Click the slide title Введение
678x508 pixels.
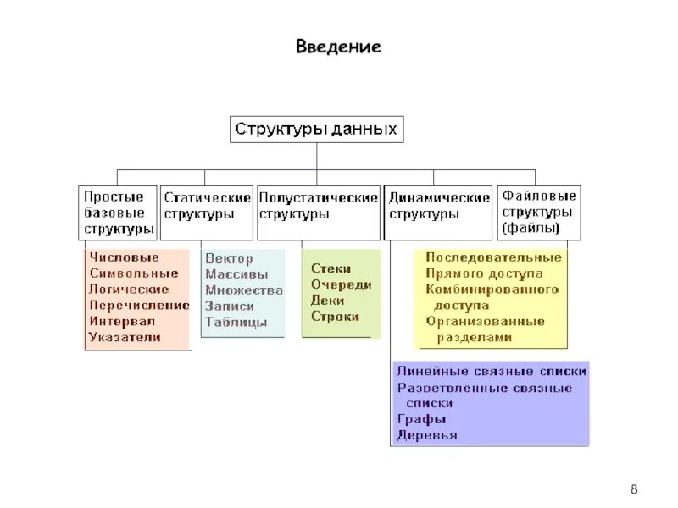[338, 47]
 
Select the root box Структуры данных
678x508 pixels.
[316, 130]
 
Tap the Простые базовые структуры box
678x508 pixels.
[119, 213]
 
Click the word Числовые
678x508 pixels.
[124, 257]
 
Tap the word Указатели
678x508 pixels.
[125, 337]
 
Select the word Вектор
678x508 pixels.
[229, 258]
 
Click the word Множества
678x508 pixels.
[244, 290]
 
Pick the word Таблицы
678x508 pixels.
[236, 322]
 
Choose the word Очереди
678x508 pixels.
[341, 284]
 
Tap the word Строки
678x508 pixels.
[335, 317]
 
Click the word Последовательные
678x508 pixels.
[493, 257]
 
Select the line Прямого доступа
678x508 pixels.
[484, 273]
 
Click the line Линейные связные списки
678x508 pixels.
[491, 372]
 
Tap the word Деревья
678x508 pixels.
[426, 435]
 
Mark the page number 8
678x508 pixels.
[634, 490]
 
